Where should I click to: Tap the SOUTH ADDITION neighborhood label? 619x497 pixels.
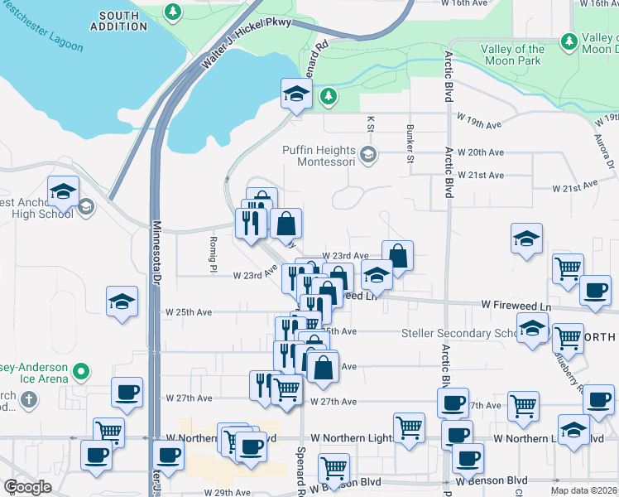126,22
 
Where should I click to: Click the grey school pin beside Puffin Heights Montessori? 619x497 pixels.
367,154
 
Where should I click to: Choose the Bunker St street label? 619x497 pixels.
410,143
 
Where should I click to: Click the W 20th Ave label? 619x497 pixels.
486,152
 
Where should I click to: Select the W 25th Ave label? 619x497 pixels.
190,312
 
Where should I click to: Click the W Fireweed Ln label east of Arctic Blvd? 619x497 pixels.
516,306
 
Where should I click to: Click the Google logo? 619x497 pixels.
26,487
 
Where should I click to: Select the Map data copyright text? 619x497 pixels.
583,490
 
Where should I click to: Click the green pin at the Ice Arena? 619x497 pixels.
81,372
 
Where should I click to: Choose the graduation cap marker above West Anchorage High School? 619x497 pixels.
63,192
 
